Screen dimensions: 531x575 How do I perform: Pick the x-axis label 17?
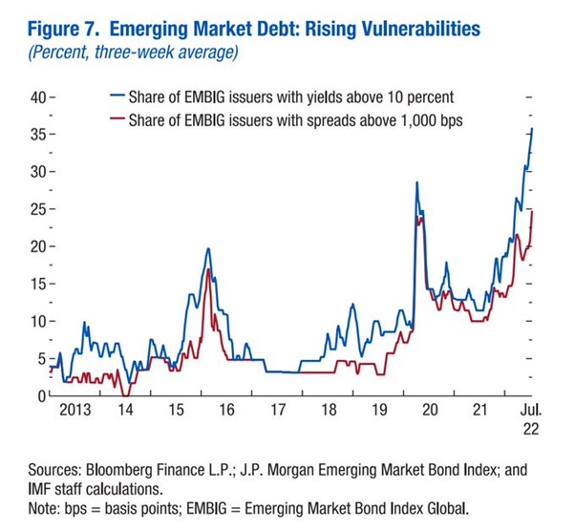point(278,410)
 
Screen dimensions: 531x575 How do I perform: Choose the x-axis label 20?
point(430,410)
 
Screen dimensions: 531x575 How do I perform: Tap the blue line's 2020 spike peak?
point(416,182)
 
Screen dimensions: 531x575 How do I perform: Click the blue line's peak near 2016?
point(208,248)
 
